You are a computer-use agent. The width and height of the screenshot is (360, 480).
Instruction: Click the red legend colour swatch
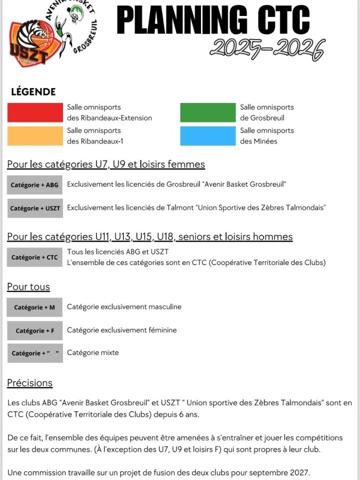coord(35,113)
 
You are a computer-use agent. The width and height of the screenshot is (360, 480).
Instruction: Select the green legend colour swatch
coord(208,113)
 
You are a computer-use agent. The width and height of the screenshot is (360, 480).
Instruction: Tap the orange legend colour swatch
coord(35,135)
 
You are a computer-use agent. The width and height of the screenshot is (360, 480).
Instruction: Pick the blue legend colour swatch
coord(208,135)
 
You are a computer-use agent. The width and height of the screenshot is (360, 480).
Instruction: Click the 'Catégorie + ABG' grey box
coord(35,185)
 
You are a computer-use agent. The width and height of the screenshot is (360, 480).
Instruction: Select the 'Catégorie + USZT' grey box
coord(35,208)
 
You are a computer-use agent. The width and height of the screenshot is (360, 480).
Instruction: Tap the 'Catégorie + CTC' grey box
coord(35,257)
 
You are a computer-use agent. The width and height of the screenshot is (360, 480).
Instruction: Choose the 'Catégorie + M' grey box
coord(35,307)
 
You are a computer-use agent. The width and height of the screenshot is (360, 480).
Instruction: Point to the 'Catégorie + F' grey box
coord(35,331)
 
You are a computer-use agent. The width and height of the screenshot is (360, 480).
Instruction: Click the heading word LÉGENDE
coord(33,92)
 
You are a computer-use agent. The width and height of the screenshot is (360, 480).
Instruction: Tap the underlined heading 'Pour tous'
coord(28,287)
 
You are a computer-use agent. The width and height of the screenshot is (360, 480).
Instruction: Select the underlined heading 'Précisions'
coord(30,383)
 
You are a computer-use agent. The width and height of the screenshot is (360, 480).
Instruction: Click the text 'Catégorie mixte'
coord(93,353)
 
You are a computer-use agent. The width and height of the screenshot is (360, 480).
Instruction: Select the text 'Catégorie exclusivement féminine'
coord(122,330)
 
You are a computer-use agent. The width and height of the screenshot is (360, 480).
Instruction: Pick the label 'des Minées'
coord(259,141)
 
